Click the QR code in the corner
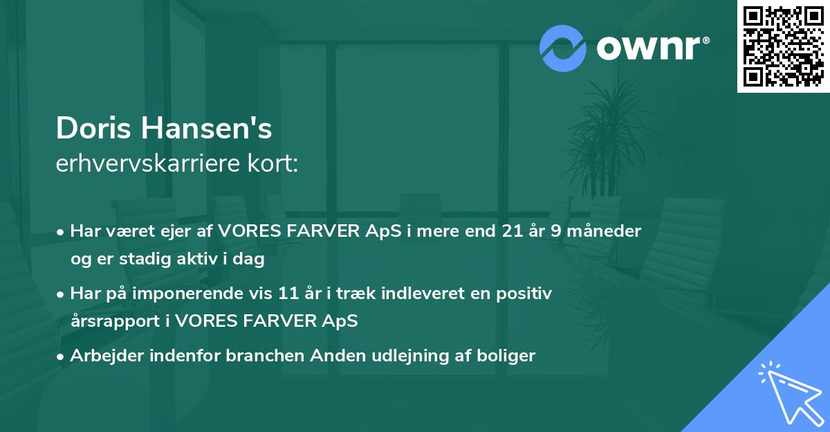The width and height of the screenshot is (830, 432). click(x=783, y=46)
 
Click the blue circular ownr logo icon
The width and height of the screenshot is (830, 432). click(x=563, y=48)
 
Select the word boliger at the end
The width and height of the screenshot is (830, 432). click(x=508, y=356)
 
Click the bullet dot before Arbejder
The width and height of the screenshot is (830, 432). click(x=62, y=357)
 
